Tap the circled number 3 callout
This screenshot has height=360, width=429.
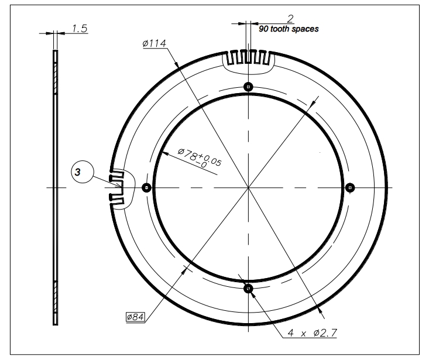[80, 173]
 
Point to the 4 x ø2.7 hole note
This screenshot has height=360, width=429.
[311, 333]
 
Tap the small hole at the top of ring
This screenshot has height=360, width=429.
[249, 87]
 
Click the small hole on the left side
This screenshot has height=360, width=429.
[146, 188]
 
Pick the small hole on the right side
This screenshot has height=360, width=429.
[350, 187]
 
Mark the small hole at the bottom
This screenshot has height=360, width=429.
[248, 288]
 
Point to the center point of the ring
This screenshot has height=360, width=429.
[249, 188]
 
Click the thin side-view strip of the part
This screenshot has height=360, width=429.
[56, 187]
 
